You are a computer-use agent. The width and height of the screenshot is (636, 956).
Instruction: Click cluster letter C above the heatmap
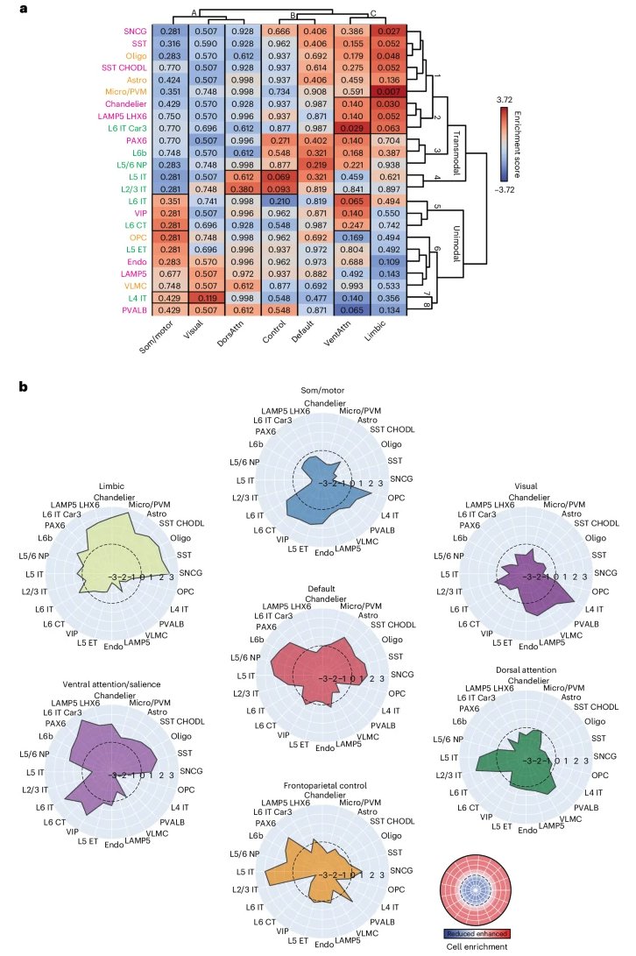coord(374,13)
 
